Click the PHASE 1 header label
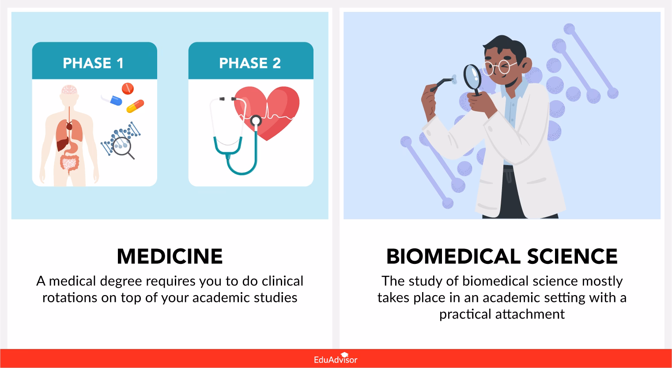tap(93, 63)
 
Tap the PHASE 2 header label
tap(250, 63)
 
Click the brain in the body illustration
tap(69, 90)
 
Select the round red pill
tap(128, 88)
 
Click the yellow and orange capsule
tap(135, 106)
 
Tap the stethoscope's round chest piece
tap(256, 120)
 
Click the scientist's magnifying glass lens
tap(473, 75)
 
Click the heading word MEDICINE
tap(170, 256)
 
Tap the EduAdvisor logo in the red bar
tap(336, 359)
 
